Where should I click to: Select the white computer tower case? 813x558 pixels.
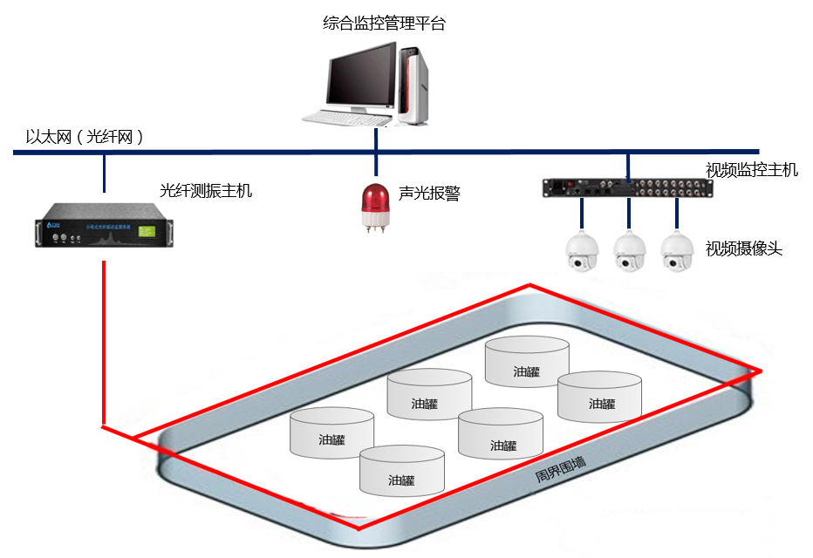(x=414, y=85)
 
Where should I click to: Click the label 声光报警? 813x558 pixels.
(x=429, y=194)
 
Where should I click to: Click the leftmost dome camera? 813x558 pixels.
(x=581, y=252)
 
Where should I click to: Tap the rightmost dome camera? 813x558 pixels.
(x=675, y=252)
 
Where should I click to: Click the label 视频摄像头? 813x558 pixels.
(x=744, y=249)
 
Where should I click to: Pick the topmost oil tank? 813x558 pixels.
(x=527, y=362)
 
